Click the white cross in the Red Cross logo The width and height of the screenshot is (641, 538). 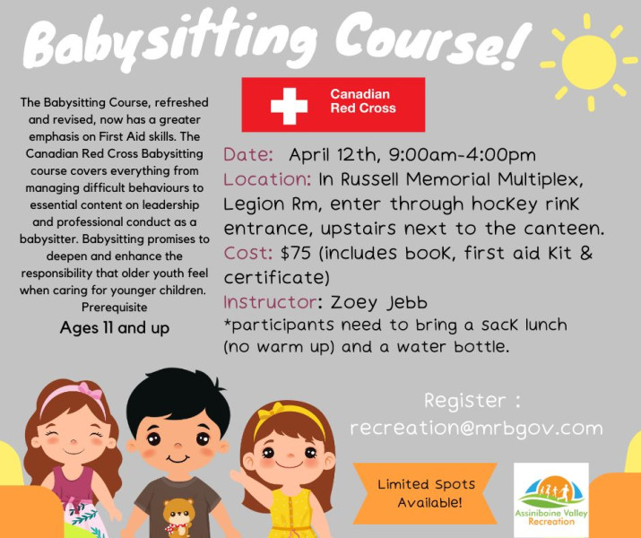tap(289, 106)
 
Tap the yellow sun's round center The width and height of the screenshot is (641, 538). tap(589, 62)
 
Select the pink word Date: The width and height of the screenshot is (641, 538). tap(248, 155)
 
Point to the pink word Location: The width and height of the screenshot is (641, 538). tap(267, 179)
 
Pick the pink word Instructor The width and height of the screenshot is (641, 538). tap(270, 302)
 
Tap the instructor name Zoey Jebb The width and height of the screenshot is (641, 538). tap(379, 303)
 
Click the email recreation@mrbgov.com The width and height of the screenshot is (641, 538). tap(476, 429)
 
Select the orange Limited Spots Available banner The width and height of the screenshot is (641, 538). tap(425, 493)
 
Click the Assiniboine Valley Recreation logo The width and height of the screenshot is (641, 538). tap(551, 499)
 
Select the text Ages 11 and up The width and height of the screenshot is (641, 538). tap(115, 328)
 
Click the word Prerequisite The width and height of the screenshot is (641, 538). tap(115, 307)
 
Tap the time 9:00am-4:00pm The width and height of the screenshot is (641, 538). tap(462, 155)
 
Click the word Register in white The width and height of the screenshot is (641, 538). tap(465, 401)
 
